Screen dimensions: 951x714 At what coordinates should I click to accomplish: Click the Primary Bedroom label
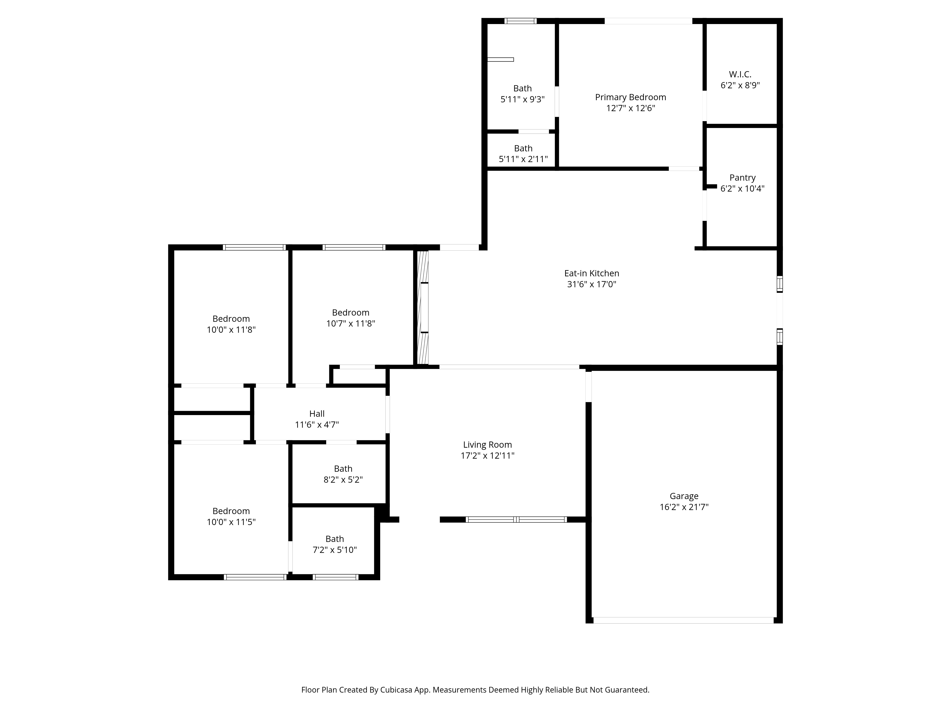pos(630,97)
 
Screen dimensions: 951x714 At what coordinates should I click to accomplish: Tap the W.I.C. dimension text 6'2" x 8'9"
pos(740,85)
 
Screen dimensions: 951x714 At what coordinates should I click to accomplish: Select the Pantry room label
pos(742,178)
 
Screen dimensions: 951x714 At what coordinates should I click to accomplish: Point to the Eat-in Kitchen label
pos(592,273)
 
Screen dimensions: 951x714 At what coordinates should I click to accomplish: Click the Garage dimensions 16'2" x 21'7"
pos(684,507)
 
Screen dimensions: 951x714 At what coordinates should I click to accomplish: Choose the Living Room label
pos(488,445)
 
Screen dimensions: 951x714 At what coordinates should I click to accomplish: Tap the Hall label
pos(317,414)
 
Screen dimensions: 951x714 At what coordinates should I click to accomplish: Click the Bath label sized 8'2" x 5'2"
pos(343,469)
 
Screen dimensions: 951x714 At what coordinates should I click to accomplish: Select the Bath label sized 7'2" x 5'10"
pos(335,539)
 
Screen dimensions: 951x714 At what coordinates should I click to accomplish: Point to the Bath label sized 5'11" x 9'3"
pos(522,88)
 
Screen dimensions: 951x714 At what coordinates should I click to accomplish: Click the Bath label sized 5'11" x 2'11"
pos(523,148)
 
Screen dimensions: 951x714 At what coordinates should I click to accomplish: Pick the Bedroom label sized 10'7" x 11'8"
pos(350,312)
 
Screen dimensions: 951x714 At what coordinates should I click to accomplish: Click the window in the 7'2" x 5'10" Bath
pos(335,577)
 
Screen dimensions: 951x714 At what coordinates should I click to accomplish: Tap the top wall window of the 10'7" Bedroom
pos(354,248)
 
